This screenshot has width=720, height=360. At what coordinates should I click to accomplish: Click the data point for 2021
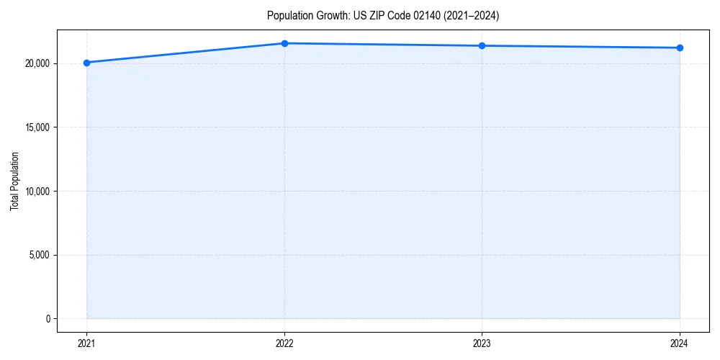point(86,63)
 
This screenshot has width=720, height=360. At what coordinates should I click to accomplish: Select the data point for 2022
point(284,43)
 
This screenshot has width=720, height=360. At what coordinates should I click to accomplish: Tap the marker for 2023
point(482,46)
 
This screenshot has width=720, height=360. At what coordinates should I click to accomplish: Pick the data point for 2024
point(680,48)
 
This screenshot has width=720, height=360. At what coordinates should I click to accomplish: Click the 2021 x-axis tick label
point(86,343)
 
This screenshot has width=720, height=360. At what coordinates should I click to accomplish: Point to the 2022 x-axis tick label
point(284,343)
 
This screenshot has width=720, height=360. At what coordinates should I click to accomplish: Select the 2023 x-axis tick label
point(482,343)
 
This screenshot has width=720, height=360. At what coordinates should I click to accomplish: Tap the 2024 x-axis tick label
point(680,343)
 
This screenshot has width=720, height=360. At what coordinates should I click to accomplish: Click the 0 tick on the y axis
point(48,319)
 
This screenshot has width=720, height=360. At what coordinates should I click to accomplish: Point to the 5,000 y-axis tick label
point(39,255)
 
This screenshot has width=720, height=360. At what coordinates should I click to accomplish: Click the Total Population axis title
point(14,181)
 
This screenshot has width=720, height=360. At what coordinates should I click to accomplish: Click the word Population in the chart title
point(287,15)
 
